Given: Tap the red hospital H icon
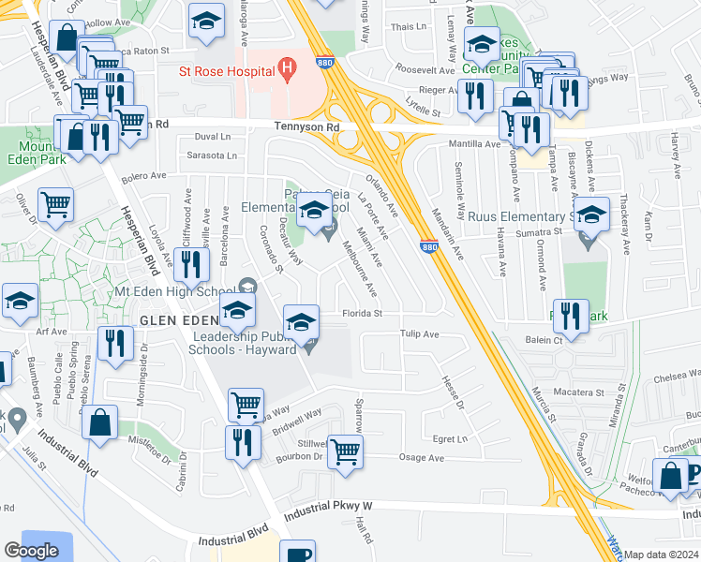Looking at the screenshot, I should tap(288, 69).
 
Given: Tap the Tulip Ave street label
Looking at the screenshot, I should tap(419, 334).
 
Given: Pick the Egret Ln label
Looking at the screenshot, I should tap(451, 438).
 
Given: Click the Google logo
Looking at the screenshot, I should tap(32, 551).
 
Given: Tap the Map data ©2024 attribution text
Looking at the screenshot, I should tap(662, 555).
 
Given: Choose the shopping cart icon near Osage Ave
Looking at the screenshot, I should tap(347, 451).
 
